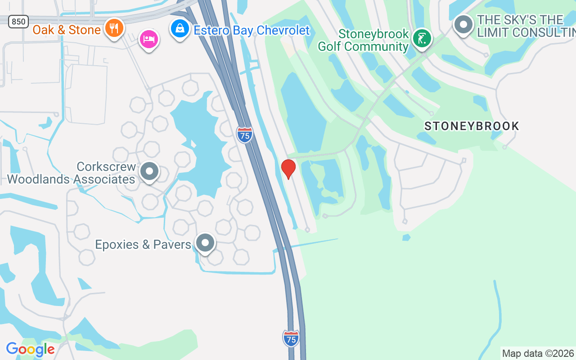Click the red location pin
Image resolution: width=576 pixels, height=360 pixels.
(x=288, y=168)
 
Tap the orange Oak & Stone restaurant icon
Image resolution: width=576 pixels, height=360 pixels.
(x=114, y=28)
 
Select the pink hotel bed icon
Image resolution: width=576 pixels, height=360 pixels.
(x=148, y=40)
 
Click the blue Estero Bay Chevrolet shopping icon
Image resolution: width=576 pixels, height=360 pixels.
(x=180, y=29)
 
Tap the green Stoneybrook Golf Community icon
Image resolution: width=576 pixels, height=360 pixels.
(x=422, y=39)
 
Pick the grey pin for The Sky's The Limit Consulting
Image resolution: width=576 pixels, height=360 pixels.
(x=463, y=25)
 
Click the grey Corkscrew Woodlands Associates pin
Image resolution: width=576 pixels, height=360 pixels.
(x=149, y=171)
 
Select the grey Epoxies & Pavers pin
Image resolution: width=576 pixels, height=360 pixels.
(x=205, y=243)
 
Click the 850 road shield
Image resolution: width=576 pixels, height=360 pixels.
(x=18, y=21)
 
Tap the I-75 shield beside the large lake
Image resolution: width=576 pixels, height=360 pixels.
(x=244, y=135)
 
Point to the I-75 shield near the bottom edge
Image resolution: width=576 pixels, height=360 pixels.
(x=291, y=338)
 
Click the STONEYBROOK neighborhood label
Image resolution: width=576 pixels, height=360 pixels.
(x=472, y=126)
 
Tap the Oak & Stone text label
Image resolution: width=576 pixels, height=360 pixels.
(x=67, y=30)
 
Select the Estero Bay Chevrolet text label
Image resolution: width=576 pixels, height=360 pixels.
(x=252, y=30)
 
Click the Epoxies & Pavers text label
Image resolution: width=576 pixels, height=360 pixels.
(x=143, y=244)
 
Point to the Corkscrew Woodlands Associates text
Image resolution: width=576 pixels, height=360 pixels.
(x=71, y=173)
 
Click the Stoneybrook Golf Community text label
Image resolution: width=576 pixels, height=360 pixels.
(x=363, y=40)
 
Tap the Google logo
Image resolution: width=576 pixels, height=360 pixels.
(x=31, y=349)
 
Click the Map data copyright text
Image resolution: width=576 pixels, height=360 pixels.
(x=538, y=354)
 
